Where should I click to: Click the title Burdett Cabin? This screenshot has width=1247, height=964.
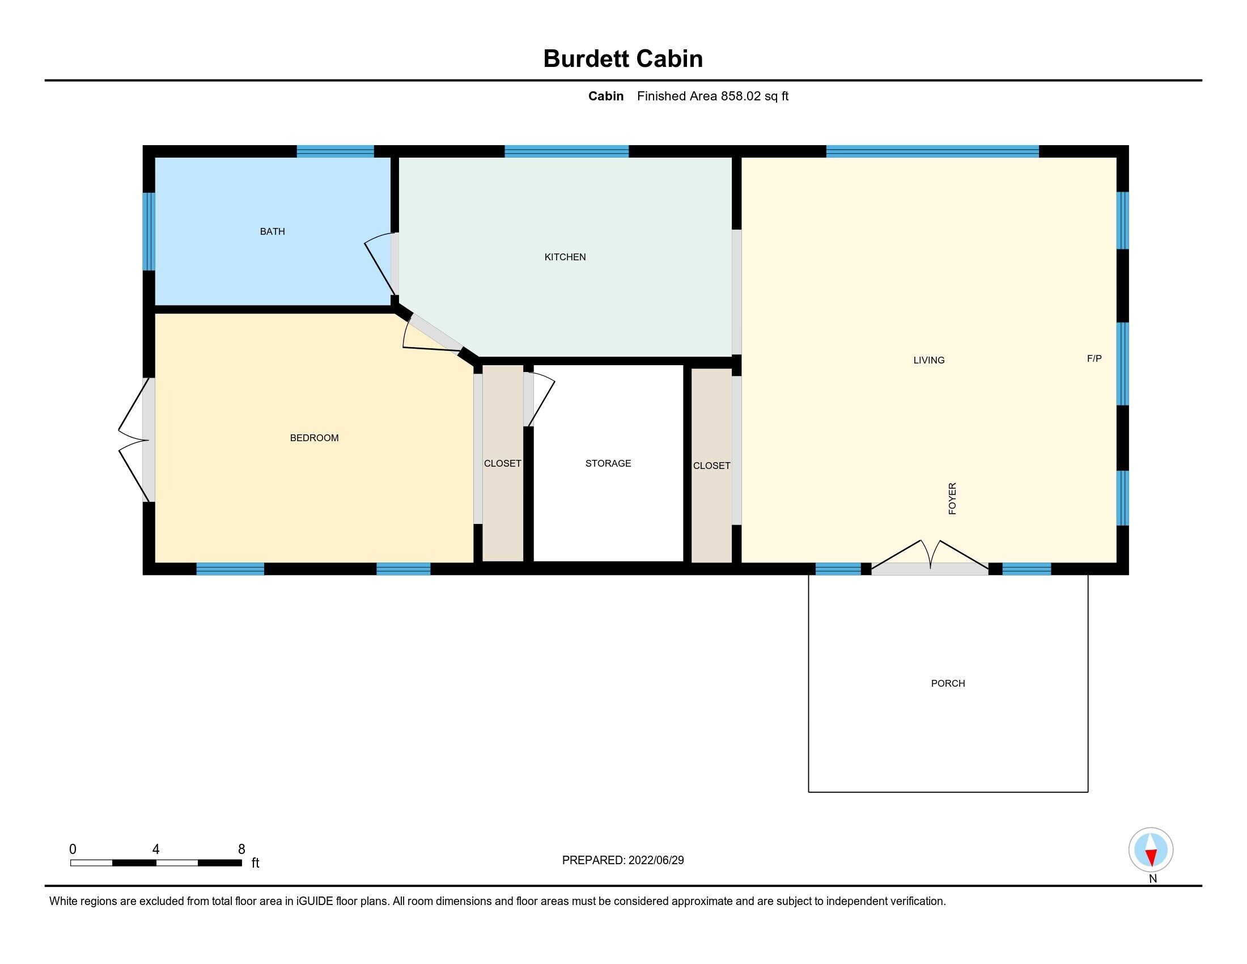[x=623, y=59]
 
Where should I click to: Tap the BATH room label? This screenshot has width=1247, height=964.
[x=272, y=231]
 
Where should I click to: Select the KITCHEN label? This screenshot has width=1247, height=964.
[x=565, y=257]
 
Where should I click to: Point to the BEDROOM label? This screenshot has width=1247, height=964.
[x=314, y=438]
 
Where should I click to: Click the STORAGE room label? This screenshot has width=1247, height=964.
[x=608, y=463]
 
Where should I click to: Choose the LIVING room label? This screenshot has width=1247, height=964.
[x=929, y=360]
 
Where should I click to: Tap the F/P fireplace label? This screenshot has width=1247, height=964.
[x=1094, y=358]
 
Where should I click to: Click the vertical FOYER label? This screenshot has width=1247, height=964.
[x=952, y=498]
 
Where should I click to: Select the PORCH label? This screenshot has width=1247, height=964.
[x=948, y=683]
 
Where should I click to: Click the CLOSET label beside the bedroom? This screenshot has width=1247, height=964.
[x=502, y=463]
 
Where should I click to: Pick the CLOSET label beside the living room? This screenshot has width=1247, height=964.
[x=711, y=466]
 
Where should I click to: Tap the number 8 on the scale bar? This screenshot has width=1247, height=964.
[x=241, y=849]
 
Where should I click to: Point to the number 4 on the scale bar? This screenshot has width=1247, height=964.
[x=156, y=849]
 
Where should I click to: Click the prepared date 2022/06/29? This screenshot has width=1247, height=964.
[x=656, y=860]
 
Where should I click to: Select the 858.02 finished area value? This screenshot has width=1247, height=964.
[x=741, y=96]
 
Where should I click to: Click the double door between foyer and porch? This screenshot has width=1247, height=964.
[x=930, y=557]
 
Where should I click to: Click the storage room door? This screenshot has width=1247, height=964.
[x=539, y=399]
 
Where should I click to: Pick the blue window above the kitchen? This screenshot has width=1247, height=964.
[x=566, y=151]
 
